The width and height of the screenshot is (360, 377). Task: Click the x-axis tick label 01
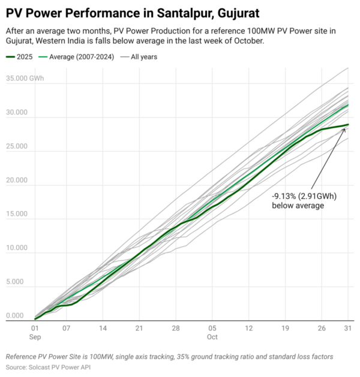point(35,328)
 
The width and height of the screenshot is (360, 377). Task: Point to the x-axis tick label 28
point(176,328)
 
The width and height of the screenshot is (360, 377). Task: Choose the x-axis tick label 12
point(249,328)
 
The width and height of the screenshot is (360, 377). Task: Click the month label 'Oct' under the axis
point(212,337)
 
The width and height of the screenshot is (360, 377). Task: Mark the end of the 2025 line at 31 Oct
point(348,125)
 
